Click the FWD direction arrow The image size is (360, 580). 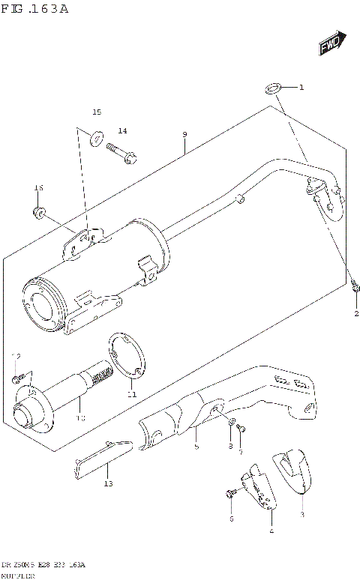click(x=331, y=44)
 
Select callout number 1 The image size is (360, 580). click(x=301, y=88)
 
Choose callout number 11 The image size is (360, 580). click(x=132, y=394)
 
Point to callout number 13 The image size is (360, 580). click(x=108, y=485)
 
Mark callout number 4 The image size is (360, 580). click(x=271, y=531)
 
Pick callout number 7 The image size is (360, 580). click(x=241, y=452)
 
